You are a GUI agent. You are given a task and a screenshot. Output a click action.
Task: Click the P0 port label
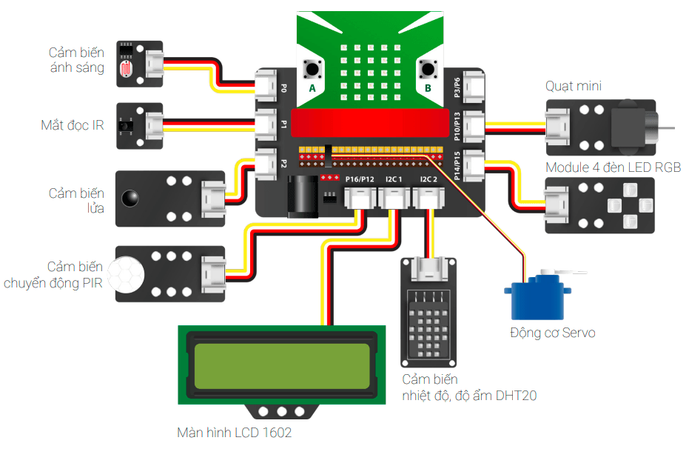pos(283,87)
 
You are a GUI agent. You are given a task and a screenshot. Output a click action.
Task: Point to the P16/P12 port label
pos(360,179)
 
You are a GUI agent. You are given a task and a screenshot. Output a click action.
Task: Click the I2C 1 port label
pos(394,179)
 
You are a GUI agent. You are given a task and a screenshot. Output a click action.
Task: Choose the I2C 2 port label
pos(428,179)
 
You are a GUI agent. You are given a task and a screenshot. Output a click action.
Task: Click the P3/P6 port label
pos(457,87)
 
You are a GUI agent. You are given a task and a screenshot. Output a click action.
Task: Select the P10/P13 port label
pos(457,126)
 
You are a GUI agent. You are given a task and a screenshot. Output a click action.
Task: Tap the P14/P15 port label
pos(457,165)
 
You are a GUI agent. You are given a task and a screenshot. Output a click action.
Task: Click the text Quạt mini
pos(574,86)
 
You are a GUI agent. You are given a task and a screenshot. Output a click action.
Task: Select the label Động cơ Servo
pos(552,333)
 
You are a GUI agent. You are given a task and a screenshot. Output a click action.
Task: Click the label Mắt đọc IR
pos(72,125)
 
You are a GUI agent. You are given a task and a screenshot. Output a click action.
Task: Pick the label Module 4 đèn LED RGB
pos(613,167)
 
